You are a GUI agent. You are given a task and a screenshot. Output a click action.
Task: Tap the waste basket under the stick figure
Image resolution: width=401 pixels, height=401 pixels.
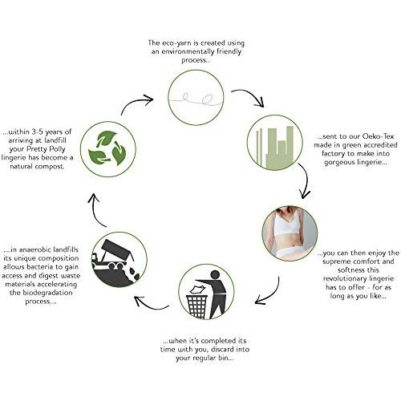(197, 306)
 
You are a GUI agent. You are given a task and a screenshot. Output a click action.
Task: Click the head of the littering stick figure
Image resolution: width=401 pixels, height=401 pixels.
(215, 275)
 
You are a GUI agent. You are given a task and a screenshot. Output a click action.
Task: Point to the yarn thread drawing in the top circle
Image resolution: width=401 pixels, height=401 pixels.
(196, 99)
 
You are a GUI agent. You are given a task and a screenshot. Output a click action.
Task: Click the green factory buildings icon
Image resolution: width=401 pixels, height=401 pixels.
(275, 148)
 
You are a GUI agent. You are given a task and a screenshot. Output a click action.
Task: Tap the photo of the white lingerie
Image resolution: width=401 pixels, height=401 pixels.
(290, 233)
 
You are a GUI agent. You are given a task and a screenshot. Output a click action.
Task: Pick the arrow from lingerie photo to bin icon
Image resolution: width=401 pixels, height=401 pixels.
(271, 294)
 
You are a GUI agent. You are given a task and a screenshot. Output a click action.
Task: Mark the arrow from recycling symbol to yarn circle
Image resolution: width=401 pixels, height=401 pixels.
(136, 103)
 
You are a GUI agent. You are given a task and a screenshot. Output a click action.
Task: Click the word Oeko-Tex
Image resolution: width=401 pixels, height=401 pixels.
(378, 136)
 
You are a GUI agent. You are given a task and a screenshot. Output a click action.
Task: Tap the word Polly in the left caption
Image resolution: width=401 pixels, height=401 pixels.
(57, 149)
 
